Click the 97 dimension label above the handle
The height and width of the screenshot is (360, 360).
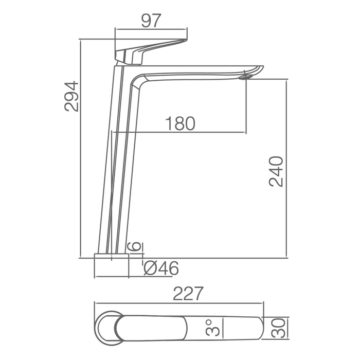coord(151,21)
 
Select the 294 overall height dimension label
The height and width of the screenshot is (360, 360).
coord(71,97)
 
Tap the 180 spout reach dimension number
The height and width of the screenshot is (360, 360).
coord(180,123)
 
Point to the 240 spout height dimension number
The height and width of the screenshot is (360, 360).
coord(276,171)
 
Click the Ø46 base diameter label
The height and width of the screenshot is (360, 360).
coord(161,268)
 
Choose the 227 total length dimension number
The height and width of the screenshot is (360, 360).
coord(188,293)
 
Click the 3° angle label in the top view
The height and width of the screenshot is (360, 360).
coord(212,328)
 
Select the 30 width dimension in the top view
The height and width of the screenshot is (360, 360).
coord(278,328)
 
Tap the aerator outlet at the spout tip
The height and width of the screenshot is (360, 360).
coord(246,77)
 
